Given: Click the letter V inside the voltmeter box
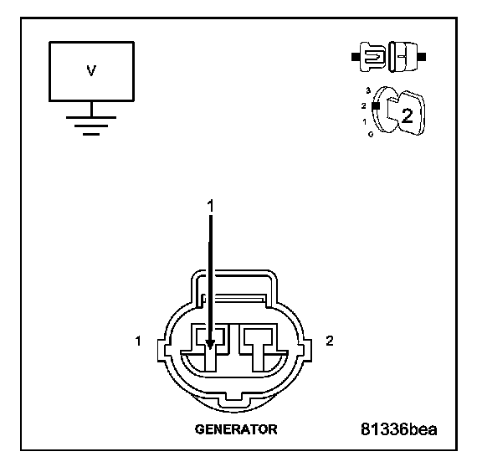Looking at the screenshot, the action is [x=91, y=70].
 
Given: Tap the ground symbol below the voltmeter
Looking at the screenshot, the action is [x=91, y=126].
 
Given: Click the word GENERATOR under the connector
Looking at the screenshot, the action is [x=236, y=429].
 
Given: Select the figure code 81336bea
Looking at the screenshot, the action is [x=398, y=429].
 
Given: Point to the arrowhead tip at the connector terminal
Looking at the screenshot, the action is [x=210, y=349].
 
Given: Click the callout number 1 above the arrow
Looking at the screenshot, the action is [x=210, y=206].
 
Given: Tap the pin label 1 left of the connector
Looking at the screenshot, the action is [x=138, y=341].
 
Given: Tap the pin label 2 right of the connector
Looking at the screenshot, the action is [x=330, y=341].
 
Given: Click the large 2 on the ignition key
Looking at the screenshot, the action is [x=408, y=115].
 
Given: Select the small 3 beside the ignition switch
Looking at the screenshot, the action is [x=368, y=90].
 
